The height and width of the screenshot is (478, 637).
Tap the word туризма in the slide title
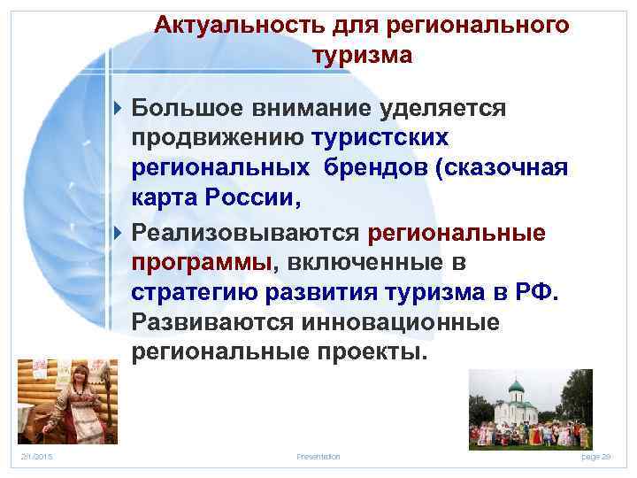[362, 56]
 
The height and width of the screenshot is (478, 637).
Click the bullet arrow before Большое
[120, 108]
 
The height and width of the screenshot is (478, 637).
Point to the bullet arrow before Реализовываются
[120, 232]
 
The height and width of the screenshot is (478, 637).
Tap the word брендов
[385, 169]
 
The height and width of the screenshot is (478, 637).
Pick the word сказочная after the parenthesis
[502, 169]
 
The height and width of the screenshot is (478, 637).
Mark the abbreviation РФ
[536, 293]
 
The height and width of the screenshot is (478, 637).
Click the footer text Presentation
[318, 455]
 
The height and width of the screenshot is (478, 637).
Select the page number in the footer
[602, 455]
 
